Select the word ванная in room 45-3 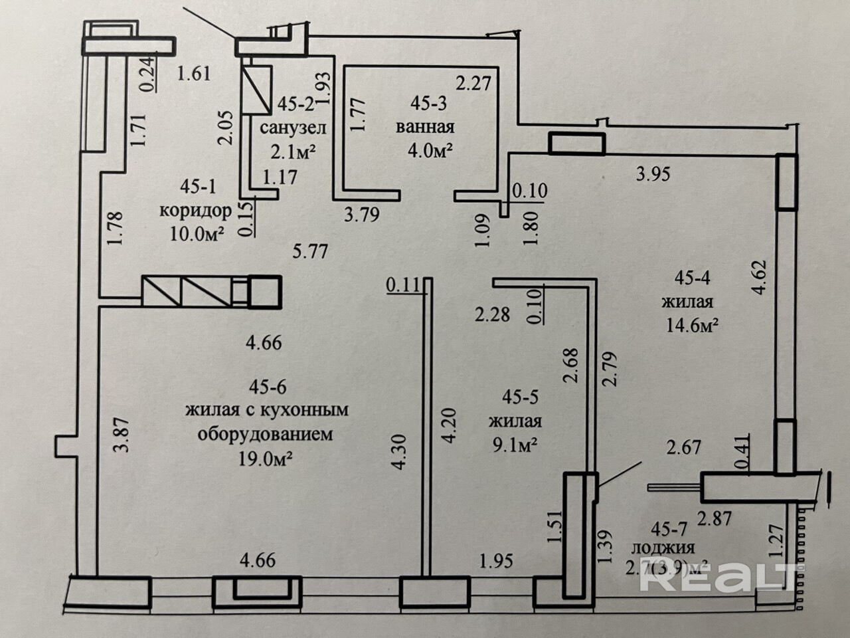coord(424,127)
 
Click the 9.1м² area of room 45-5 coord(513,445)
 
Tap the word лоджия coord(663,548)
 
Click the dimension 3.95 coord(653,175)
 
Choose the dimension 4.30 coord(398,452)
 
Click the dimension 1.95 coord(496,562)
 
